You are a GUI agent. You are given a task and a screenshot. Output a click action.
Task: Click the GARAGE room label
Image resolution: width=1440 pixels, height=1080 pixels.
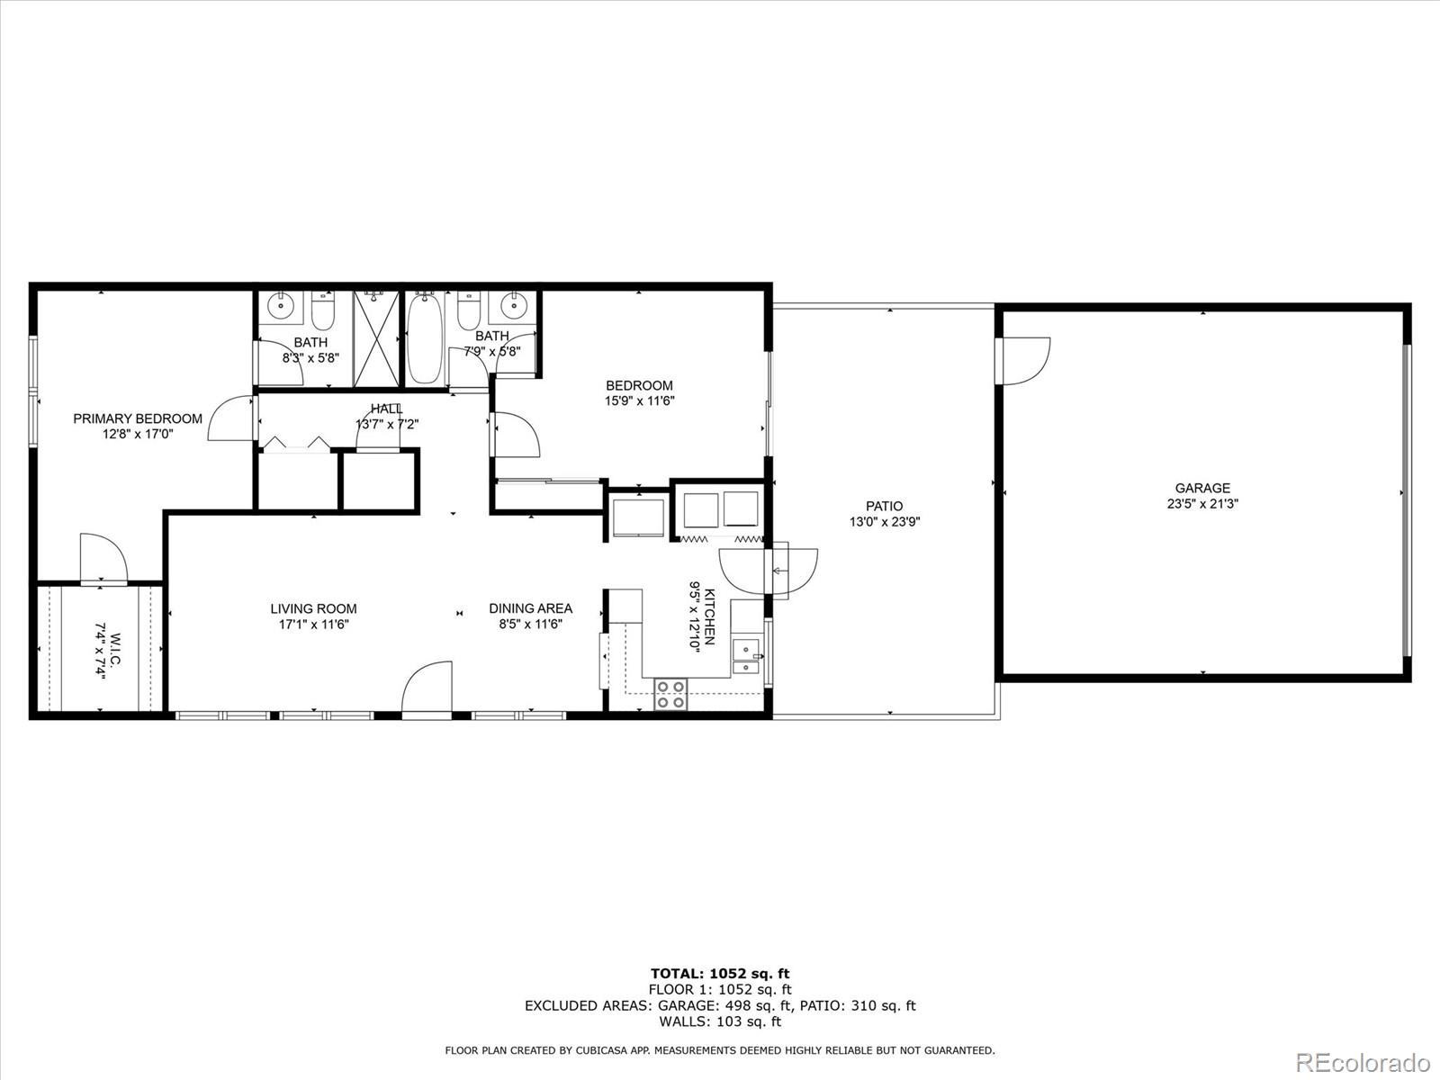(x=1202, y=489)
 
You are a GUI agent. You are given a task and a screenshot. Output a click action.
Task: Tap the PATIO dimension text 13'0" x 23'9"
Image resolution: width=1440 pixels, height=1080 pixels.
(x=884, y=522)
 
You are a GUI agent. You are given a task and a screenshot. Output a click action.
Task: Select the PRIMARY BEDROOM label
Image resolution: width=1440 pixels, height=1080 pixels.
(x=138, y=418)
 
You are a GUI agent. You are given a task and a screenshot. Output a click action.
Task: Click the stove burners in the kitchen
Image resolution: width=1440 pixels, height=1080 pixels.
(x=670, y=694)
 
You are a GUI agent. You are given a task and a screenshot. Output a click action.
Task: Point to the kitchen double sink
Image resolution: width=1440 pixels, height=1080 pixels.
(x=746, y=656)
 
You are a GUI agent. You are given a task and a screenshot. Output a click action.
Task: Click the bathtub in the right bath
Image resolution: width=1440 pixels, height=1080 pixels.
(x=425, y=341)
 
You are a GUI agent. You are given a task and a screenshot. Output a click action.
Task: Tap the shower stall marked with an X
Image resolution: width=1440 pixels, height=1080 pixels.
(x=376, y=338)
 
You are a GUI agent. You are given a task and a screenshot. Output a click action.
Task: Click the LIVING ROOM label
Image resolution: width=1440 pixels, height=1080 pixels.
(x=313, y=608)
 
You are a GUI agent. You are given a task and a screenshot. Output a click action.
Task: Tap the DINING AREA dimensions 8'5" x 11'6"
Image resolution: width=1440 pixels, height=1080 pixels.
(x=530, y=624)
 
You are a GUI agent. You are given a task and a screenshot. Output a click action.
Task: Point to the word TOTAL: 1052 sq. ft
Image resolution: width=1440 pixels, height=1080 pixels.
(x=720, y=973)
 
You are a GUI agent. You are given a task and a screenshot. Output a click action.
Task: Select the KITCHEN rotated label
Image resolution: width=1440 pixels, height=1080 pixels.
(x=709, y=616)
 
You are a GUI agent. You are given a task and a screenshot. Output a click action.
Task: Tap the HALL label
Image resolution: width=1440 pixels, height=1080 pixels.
(x=387, y=409)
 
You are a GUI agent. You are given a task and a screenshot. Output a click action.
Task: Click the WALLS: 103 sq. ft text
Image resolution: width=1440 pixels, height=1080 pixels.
(x=720, y=1021)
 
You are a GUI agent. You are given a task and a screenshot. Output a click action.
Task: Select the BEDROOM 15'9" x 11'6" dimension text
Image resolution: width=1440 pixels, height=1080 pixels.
(x=639, y=401)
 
